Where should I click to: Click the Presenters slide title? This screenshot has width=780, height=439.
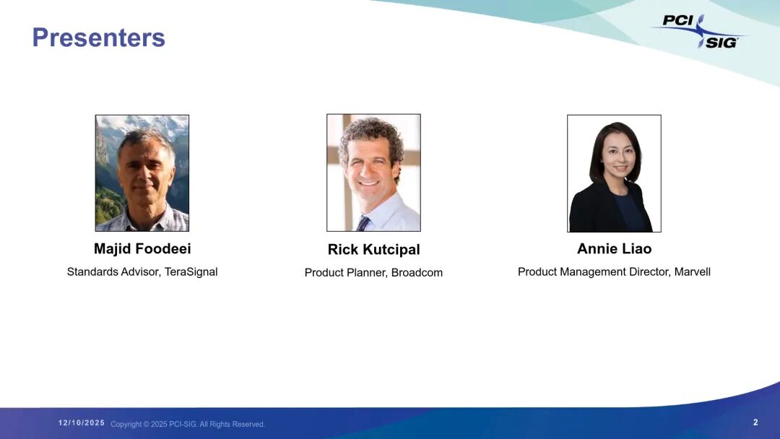(98, 38)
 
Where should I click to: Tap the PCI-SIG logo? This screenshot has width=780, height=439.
(701, 31)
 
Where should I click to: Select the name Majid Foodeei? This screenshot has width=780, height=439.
(142, 248)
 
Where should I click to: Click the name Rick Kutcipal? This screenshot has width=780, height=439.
(373, 250)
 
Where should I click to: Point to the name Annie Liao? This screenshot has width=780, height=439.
(615, 248)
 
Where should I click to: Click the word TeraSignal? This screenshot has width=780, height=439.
(191, 272)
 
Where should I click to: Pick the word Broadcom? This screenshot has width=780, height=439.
(417, 272)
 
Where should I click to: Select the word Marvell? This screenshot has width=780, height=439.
(693, 272)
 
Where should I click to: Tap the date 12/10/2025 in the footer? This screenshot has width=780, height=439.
(82, 422)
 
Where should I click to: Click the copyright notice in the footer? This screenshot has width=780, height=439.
(188, 424)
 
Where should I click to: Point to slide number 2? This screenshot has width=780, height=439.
(755, 422)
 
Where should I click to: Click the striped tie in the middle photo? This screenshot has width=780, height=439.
(363, 223)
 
